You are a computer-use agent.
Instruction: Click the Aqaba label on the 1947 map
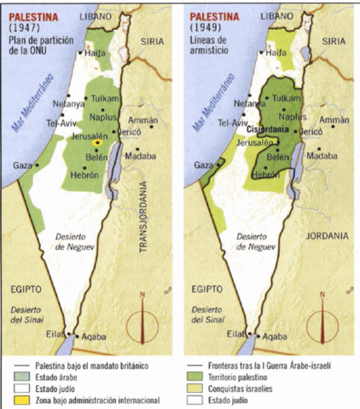click(95, 337)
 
